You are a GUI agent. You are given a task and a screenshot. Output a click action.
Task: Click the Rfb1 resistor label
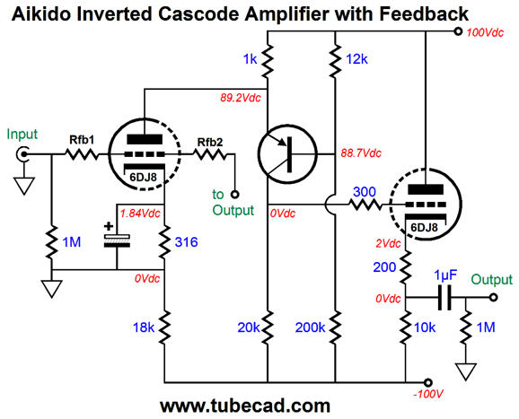point(82,140)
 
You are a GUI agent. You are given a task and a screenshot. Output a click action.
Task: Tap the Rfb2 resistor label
point(210,142)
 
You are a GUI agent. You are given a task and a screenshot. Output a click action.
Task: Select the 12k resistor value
point(356,59)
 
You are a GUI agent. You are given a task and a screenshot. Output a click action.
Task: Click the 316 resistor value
point(187,242)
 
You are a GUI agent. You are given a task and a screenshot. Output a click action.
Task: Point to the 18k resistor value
point(144,327)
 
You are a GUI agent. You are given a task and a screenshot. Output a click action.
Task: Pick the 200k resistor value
point(310,327)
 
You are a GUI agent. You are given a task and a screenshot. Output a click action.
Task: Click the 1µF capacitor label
point(445,275)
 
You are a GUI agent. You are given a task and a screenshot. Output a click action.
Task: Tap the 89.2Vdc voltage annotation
point(241,98)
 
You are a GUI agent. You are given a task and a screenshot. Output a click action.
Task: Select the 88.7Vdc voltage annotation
point(361,153)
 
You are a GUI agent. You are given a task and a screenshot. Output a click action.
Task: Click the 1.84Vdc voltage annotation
point(140,214)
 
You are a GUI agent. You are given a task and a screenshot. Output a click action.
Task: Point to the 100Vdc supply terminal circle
point(458,31)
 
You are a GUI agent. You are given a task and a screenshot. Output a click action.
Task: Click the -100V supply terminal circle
point(428,382)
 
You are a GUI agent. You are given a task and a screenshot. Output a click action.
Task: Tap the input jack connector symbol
point(22,154)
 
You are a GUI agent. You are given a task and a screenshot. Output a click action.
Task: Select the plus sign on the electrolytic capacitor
point(109,226)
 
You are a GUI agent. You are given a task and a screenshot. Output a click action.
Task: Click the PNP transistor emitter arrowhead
point(282,142)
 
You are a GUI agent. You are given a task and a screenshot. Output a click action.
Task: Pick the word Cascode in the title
point(198,13)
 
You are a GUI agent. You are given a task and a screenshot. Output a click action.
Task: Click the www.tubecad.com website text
point(245,406)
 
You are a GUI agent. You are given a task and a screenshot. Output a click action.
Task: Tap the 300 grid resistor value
point(365,192)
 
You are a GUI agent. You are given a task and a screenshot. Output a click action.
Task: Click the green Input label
point(22,135)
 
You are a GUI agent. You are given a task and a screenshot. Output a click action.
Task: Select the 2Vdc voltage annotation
point(388,244)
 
